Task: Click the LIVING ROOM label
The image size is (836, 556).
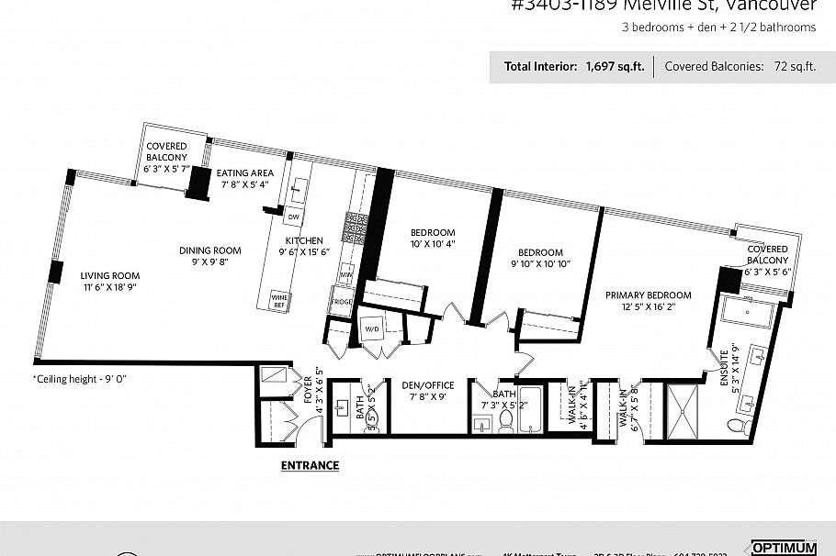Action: pyautogui.click(x=109, y=275)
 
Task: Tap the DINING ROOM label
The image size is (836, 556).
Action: pyautogui.click(x=209, y=250)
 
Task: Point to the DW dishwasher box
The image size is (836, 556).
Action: pyautogui.click(x=294, y=217)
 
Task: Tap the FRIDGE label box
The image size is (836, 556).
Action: pyautogui.click(x=342, y=302)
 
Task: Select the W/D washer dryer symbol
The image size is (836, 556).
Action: pyautogui.click(x=373, y=329)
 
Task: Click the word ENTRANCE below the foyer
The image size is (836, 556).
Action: pyautogui.click(x=309, y=465)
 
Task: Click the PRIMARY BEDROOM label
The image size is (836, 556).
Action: pyautogui.click(x=648, y=295)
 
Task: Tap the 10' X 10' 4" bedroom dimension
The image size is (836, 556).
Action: pyautogui.click(x=433, y=244)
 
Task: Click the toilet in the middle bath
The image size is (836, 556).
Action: pyautogui.click(x=505, y=420)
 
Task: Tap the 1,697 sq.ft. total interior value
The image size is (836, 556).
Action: pyautogui.click(x=615, y=66)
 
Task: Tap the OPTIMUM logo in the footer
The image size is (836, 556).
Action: pyautogui.click(x=784, y=548)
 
